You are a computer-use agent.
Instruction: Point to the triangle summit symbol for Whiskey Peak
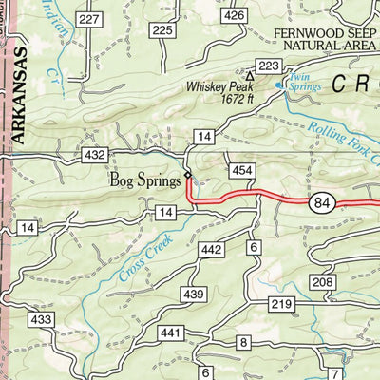(x=250, y=75)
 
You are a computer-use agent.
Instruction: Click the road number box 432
(x=95, y=154)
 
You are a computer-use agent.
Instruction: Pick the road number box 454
(x=241, y=169)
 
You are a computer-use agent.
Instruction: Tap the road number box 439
(x=193, y=295)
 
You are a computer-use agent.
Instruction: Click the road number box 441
(x=171, y=332)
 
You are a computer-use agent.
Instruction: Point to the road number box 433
(x=41, y=320)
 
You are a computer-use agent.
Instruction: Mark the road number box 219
(x=279, y=304)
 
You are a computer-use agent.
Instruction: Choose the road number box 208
(x=324, y=283)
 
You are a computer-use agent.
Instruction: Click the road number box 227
(x=90, y=19)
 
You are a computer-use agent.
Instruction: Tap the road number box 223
(x=270, y=65)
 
